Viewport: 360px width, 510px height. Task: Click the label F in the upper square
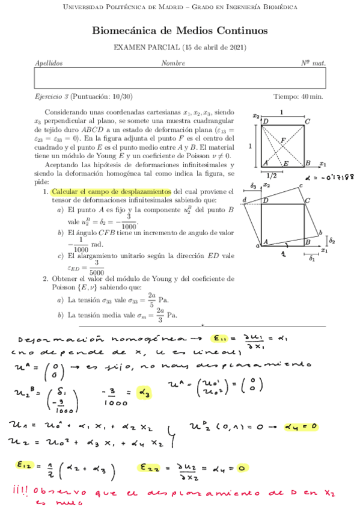pyautogui.click(x=282, y=140)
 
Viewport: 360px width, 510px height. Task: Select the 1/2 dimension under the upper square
pyautogui.click(x=273, y=176)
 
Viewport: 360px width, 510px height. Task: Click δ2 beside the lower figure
pyautogui.click(x=332, y=239)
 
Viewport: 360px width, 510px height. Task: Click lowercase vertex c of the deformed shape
pyautogui.click(x=301, y=186)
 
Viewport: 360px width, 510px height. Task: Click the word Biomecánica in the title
pyautogui.click(x=124, y=31)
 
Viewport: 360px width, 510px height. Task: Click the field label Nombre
pyautogui.click(x=173, y=63)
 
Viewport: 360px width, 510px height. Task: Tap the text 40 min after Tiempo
pyautogui.click(x=314, y=96)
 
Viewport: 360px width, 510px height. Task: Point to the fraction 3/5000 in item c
pyautogui.click(x=96, y=268)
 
